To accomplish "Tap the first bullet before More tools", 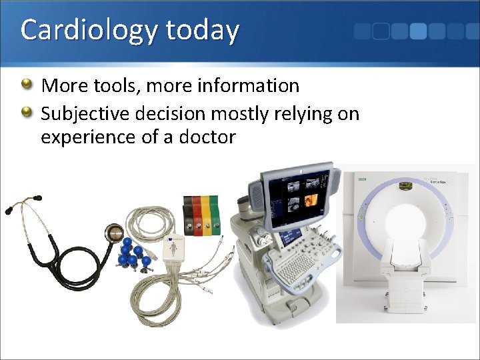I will [x=26, y=85].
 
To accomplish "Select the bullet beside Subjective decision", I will [x=26, y=113].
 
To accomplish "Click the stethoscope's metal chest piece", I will [x=114, y=234].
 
